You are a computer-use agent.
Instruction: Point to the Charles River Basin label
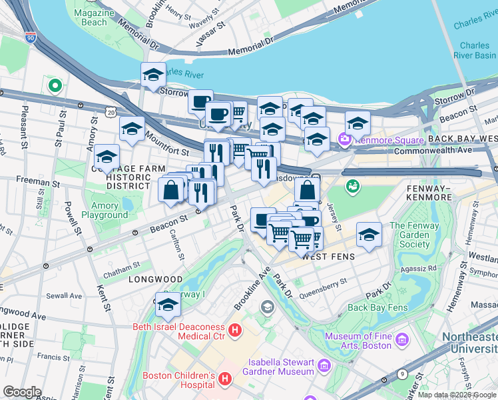pos(474,50)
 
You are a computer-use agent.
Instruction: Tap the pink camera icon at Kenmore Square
pos(345,140)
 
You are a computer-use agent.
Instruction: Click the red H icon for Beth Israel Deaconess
pos(234,330)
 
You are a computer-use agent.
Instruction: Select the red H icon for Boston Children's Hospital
pos(225,379)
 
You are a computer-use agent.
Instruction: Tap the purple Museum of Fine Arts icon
pos(401,341)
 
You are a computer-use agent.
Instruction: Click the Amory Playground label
pos(105,211)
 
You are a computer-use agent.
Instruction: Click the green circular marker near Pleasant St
pos(55,86)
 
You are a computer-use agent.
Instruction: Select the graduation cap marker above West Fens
pos(369,235)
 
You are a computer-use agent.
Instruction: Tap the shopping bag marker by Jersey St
pos(307,190)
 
